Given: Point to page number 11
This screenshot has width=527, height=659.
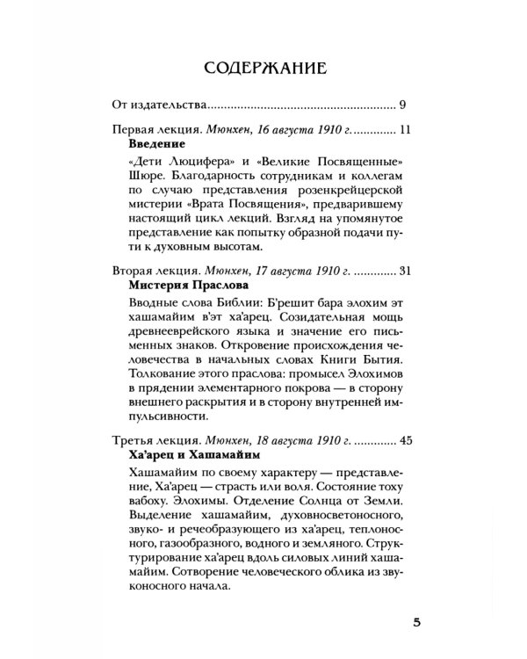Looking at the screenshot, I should click(405, 129).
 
